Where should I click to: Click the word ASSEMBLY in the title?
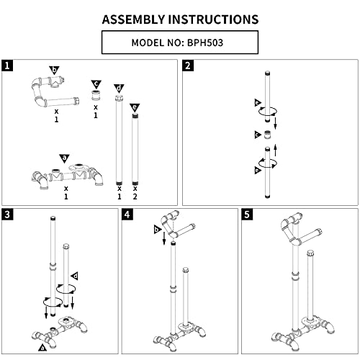134,19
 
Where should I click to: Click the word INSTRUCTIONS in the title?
213,19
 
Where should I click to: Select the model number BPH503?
205,42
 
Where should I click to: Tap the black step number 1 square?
7,66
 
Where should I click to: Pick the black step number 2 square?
188,66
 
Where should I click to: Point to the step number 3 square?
7,214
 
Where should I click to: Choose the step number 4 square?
127,214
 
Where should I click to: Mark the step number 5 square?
247,214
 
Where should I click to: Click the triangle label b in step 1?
54,70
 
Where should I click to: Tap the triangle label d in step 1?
119,88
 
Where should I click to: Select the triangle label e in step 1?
135,107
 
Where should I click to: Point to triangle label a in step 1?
64,158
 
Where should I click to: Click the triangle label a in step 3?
42,347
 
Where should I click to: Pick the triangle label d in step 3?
75,276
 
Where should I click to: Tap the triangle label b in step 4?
157,230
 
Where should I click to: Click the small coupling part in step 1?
96,96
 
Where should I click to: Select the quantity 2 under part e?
135,197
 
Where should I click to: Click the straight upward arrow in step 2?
276,150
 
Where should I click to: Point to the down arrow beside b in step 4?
164,238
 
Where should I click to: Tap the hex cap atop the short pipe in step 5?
310,253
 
